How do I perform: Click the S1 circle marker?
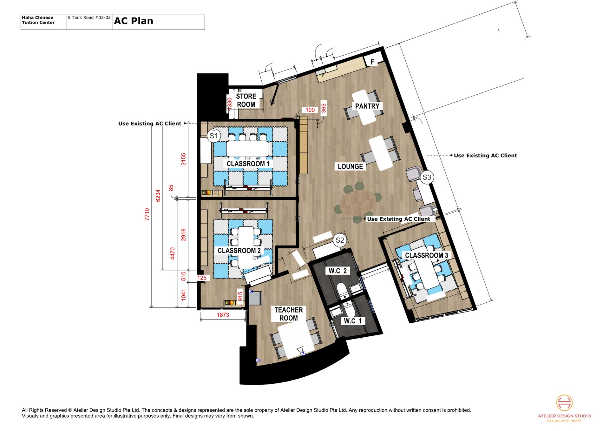[214, 136]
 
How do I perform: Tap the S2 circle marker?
[340, 240]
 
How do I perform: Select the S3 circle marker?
[427, 177]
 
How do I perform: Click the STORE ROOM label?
[246, 100]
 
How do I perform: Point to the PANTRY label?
[367, 106]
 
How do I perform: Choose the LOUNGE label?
[350, 166]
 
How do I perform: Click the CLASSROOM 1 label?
[248, 164]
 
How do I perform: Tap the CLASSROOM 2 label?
[239, 251]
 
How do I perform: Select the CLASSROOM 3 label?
[427, 255]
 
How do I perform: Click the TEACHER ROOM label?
[288, 314]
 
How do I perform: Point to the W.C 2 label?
[337, 271]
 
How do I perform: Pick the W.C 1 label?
[353, 321]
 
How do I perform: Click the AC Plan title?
[134, 21]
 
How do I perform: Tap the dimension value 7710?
[147, 214]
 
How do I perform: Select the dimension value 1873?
[223, 315]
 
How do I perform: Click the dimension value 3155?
[183, 159]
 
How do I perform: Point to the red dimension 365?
[324, 108]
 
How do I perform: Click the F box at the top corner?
[372, 62]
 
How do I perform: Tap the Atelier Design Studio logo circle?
[564, 403]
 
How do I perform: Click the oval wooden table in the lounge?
[358, 202]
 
